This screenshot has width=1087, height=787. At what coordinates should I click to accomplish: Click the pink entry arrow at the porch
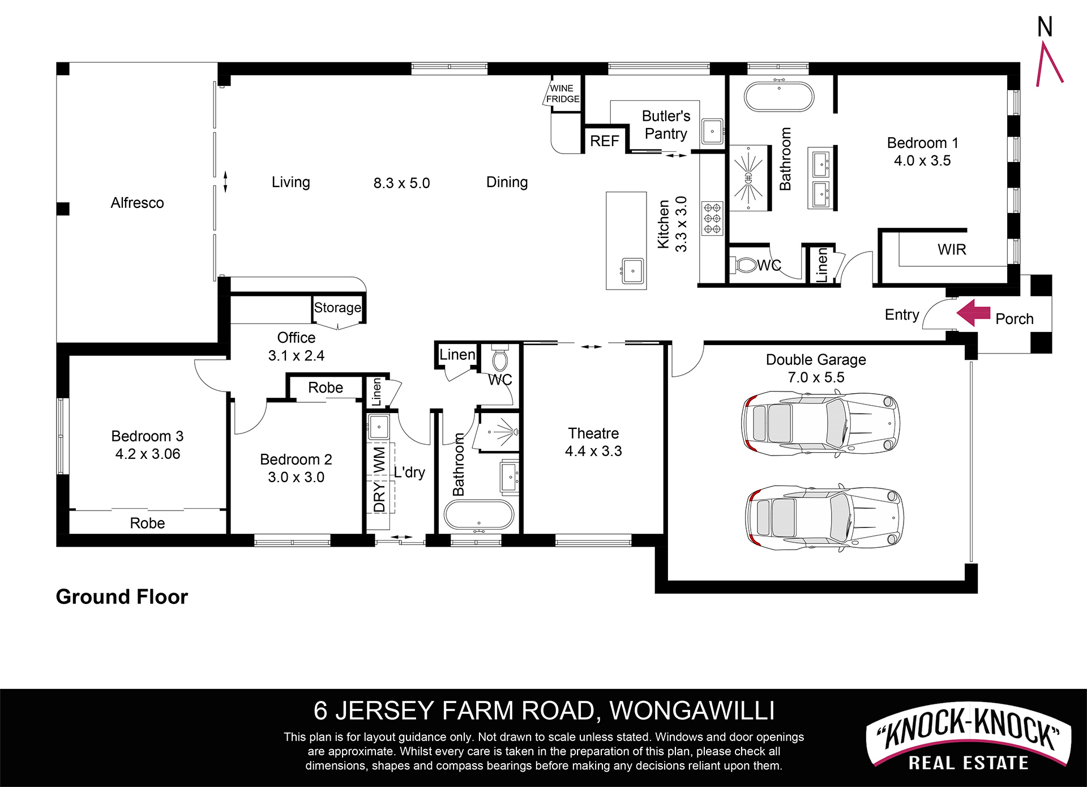point(973,313)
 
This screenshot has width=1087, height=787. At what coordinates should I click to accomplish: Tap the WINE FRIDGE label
point(563,93)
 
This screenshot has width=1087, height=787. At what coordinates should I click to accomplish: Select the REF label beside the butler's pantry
point(605,141)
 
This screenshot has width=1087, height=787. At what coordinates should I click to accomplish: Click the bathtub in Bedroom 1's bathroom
point(779,97)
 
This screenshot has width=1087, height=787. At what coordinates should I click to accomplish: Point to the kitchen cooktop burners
point(712,219)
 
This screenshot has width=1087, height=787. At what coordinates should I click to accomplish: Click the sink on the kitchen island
point(632,271)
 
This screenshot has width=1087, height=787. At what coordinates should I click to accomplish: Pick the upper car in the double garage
point(821,423)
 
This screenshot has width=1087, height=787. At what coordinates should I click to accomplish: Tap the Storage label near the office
point(337,308)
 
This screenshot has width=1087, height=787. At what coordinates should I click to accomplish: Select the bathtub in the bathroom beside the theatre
point(479,515)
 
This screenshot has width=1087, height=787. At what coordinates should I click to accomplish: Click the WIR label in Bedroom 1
point(952,250)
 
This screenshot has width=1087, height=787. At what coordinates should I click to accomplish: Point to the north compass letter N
point(1045,27)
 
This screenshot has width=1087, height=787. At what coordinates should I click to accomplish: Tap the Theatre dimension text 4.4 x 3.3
point(593,451)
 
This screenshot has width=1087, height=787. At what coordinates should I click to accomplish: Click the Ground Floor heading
point(122,597)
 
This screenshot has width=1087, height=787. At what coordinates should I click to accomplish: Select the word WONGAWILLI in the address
point(692,711)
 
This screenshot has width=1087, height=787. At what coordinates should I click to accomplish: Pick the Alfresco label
point(138,203)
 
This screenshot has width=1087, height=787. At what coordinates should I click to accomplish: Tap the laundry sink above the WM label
point(379,427)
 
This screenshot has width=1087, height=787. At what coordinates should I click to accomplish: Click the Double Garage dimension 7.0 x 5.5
point(816,377)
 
